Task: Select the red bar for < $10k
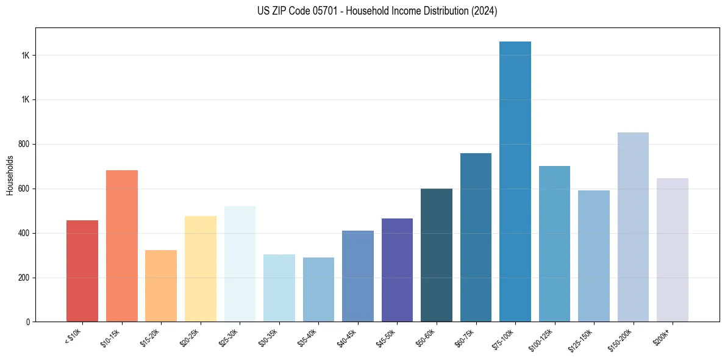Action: pos(82,271)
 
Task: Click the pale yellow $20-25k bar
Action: pos(201,268)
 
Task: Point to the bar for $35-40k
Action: pos(318,289)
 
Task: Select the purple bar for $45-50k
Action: pos(397,270)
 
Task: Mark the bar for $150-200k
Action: pos(633,227)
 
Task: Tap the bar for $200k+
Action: pos(673,250)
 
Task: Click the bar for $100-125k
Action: pos(554,243)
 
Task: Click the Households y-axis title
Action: pos(10,175)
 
